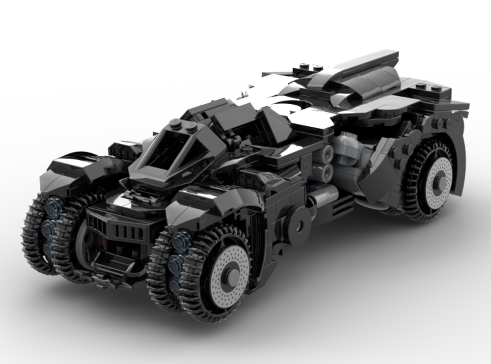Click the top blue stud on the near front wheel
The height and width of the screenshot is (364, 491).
[182, 241]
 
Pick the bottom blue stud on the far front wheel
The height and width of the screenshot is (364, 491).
[48, 246]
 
